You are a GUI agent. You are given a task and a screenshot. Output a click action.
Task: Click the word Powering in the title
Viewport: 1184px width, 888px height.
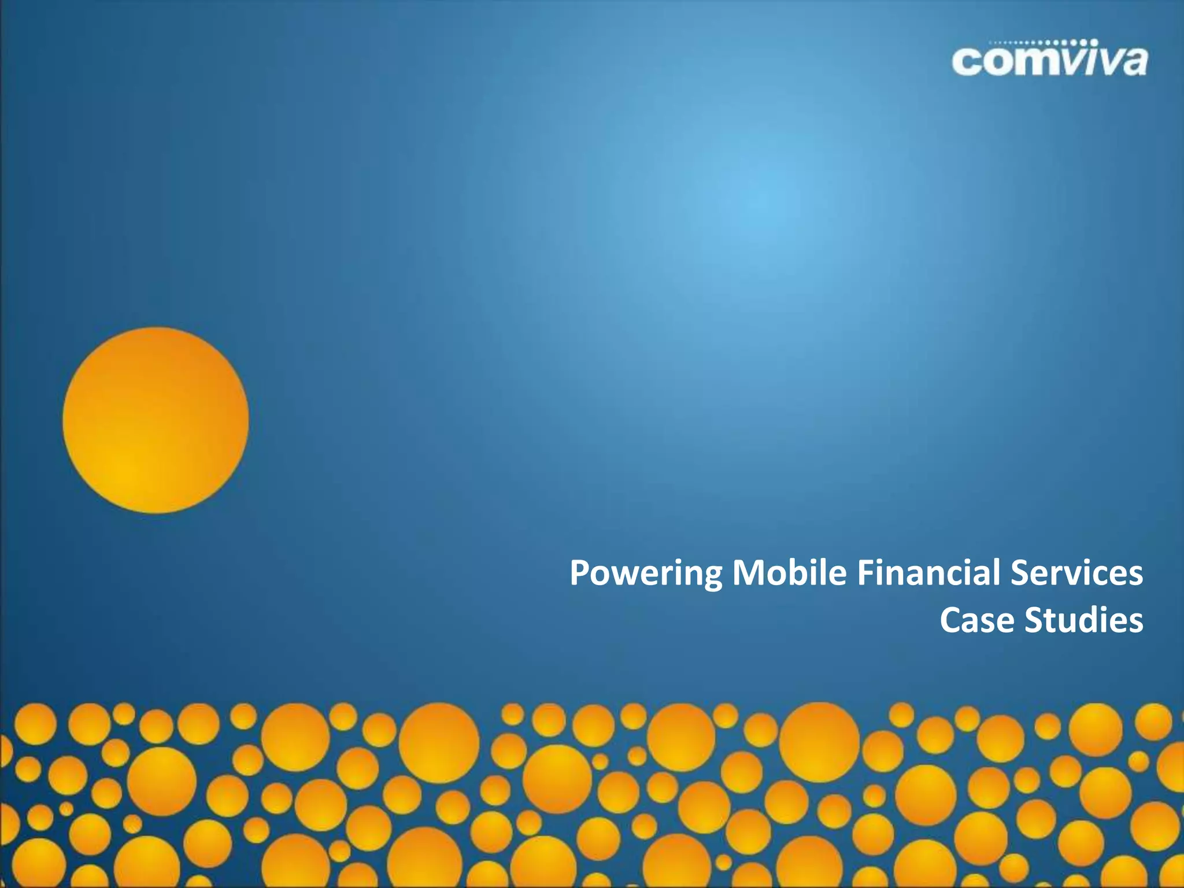(x=645, y=573)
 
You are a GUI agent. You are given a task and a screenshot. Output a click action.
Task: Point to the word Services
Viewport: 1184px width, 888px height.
(x=1076, y=572)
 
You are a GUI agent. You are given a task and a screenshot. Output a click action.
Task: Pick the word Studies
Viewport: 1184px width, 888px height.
(x=1084, y=620)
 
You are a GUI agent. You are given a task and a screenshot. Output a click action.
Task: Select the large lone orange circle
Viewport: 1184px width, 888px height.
(x=156, y=420)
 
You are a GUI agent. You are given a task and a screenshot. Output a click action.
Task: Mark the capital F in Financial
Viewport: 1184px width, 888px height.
(x=865, y=572)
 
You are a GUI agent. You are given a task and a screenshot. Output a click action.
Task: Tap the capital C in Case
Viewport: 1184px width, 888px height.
(x=952, y=620)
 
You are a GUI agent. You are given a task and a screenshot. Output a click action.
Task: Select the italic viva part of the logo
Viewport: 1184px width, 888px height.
(x=1098, y=61)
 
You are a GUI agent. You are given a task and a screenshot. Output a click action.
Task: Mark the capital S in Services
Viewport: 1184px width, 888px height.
(x=1020, y=572)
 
